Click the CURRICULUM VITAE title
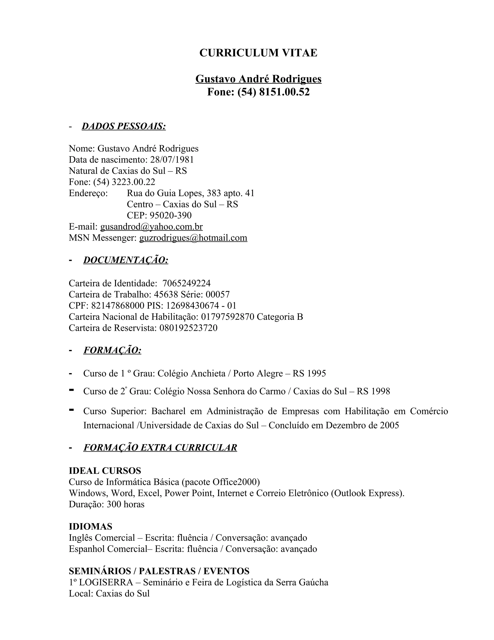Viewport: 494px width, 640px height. [258, 53]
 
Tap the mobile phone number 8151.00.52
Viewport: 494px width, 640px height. [284, 92]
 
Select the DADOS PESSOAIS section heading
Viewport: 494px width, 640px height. [123, 126]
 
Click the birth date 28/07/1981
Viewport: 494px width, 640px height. [172, 160]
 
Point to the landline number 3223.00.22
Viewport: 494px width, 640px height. [133, 182]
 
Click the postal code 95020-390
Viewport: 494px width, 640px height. [171, 215]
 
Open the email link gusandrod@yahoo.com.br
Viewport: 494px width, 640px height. [151, 227]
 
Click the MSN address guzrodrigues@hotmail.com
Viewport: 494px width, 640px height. [193, 238]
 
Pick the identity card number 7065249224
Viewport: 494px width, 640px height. [186, 283]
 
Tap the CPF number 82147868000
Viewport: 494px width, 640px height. [118, 306]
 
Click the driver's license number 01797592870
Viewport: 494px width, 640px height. [228, 317]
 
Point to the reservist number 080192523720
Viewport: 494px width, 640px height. [188, 328]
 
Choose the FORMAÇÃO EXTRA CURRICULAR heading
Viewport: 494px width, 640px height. [160, 448]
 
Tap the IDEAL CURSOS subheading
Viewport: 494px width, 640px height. [105, 471]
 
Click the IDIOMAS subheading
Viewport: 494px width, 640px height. [90, 526]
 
